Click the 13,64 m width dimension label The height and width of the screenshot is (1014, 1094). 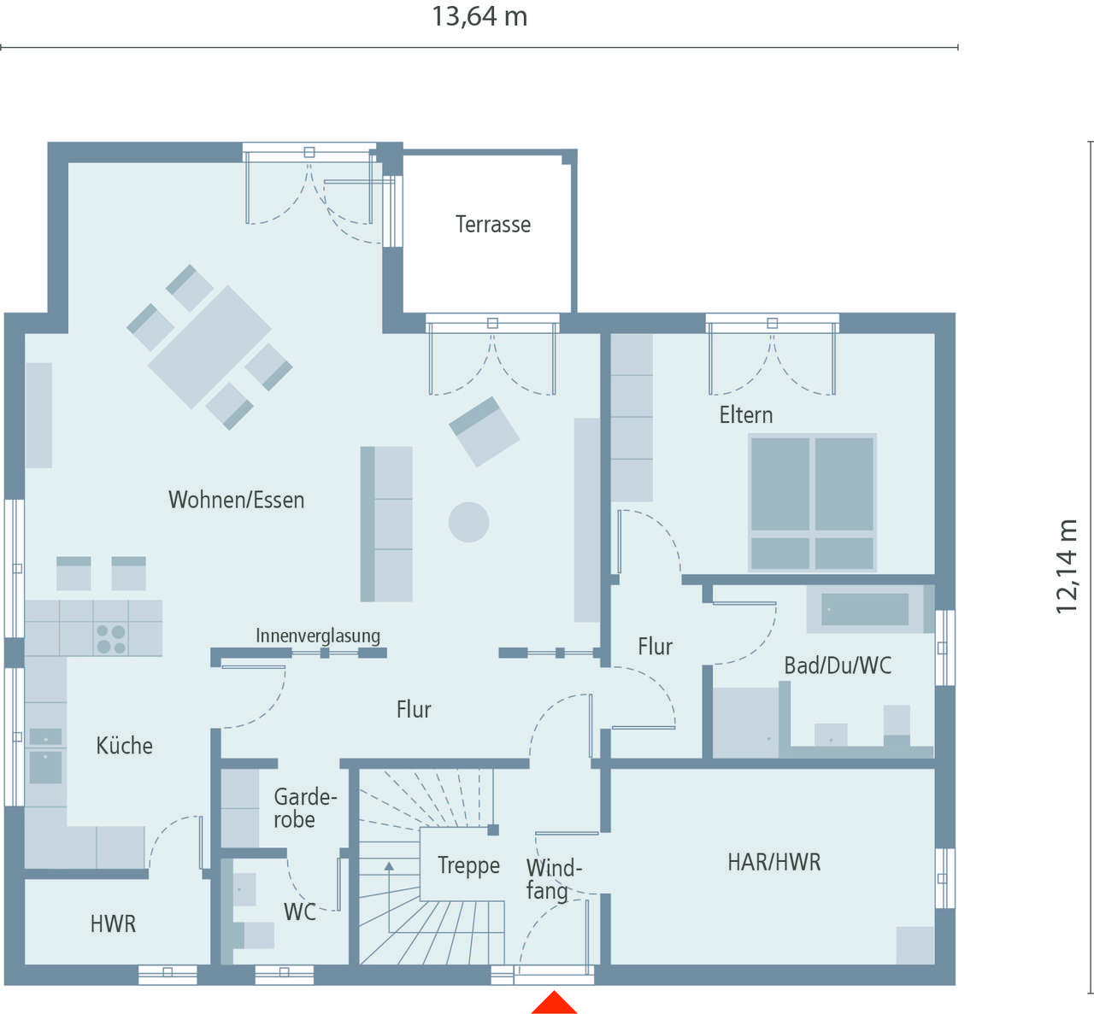pyautogui.click(x=479, y=16)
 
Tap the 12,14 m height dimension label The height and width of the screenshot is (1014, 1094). pyautogui.click(x=1066, y=566)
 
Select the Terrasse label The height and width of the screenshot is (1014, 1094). pyautogui.click(x=493, y=225)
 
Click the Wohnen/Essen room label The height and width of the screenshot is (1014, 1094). pyautogui.click(x=236, y=500)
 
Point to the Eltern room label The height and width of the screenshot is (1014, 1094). pyautogui.click(x=746, y=415)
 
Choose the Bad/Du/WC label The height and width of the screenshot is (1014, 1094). pyautogui.click(x=838, y=665)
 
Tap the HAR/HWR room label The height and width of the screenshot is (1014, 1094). pyautogui.click(x=774, y=862)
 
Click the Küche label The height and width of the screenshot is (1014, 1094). pyautogui.click(x=124, y=746)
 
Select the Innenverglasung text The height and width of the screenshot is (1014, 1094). pyautogui.click(x=318, y=636)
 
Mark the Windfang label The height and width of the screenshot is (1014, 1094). pyautogui.click(x=554, y=880)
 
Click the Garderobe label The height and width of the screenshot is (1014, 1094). pyautogui.click(x=305, y=808)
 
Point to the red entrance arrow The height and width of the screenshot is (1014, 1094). pyautogui.click(x=554, y=1002)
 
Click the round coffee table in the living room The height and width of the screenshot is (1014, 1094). pyautogui.click(x=468, y=522)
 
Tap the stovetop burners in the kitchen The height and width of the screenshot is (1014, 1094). pyautogui.click(x=111, y=639)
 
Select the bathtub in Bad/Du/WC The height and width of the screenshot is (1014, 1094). pyautogui.click(x=870, y=609)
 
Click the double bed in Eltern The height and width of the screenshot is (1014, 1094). pyautogui.click(x=813, y=502)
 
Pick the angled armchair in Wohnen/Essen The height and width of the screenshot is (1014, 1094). pyautogui.click(x=485, y=431)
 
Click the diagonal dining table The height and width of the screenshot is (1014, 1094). pyautogui.click(x=209, y=347)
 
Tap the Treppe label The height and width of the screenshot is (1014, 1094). pyautogui.click(x=468, y=865)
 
